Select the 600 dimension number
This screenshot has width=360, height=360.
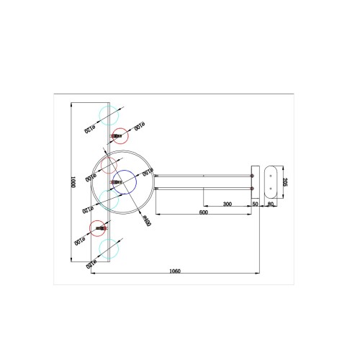(203, 213)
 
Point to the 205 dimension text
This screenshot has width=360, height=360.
(285, 181)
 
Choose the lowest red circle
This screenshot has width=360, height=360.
(99, 228)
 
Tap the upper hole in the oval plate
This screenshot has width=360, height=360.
(271, 173)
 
